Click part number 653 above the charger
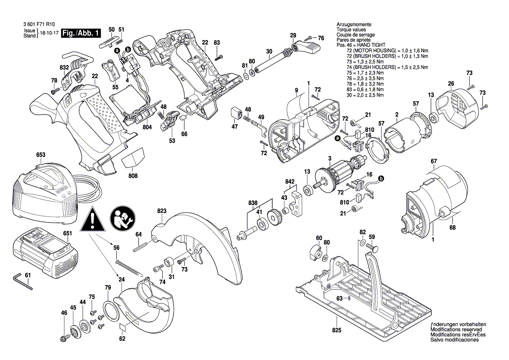point(40,155)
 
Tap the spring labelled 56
point(129,267)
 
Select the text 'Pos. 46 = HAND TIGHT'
point(361,45)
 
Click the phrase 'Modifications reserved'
point(455,330)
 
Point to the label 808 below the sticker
point(133,176)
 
